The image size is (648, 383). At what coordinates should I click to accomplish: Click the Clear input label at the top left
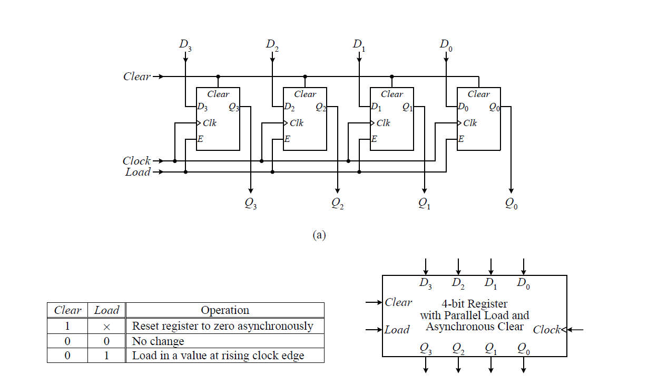pos(136,76)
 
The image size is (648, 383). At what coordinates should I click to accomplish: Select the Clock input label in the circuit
pos(136,161)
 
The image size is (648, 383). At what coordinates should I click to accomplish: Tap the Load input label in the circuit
pos(138,172)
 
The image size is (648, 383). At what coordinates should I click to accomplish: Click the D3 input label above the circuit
pos(185,45)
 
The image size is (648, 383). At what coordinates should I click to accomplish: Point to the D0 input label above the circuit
pos(446,45)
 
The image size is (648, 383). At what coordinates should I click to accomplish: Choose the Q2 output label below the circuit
pos(338,203)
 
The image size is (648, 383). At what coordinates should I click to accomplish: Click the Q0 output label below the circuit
pos(511,203)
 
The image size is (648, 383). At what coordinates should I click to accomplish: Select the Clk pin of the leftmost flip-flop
pos(209,123)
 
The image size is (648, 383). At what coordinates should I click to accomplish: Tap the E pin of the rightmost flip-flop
pos(461,140)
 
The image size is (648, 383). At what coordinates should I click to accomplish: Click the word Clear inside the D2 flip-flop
pos(305,94)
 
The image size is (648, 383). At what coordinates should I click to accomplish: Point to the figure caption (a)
pos(319,235)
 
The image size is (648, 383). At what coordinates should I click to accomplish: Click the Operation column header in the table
pos(225,310)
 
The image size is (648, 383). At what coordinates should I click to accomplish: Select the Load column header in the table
pos(106,310)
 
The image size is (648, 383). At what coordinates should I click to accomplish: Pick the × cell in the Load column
pos(106,327)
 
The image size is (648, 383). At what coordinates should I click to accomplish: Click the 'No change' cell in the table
pos(158,341)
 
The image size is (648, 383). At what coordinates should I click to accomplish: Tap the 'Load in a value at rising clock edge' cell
pos(218,356)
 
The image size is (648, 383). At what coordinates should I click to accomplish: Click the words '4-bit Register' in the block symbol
pos(475,304)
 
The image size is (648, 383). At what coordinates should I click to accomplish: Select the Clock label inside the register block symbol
pos(546,330)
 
